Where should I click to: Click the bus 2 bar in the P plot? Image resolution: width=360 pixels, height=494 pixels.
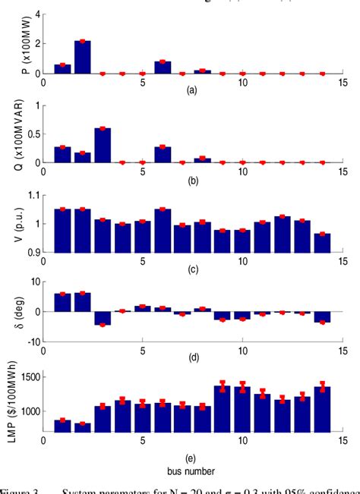point(83,58)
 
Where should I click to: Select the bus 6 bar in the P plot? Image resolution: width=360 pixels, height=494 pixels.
point(163,68)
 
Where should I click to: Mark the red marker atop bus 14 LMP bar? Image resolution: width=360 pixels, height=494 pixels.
point(323,386)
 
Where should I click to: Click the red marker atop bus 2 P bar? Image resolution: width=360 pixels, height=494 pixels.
point(83,41)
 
